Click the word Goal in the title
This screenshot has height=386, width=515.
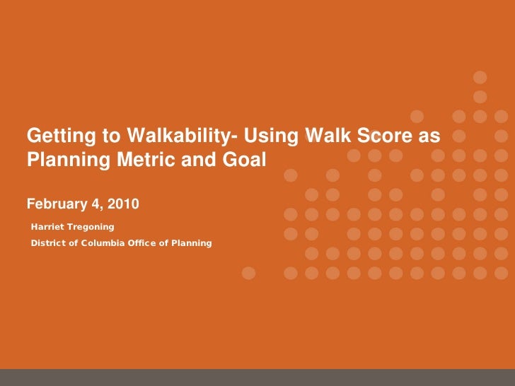(243, 160)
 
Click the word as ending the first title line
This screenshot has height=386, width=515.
(433, 135)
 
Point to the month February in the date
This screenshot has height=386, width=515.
(54, 204)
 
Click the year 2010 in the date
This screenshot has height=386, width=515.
(125, 204)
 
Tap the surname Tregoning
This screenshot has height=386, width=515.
(91, 226)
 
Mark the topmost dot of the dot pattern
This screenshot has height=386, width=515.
(480, 77)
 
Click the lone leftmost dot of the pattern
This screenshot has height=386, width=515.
(248, 271)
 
